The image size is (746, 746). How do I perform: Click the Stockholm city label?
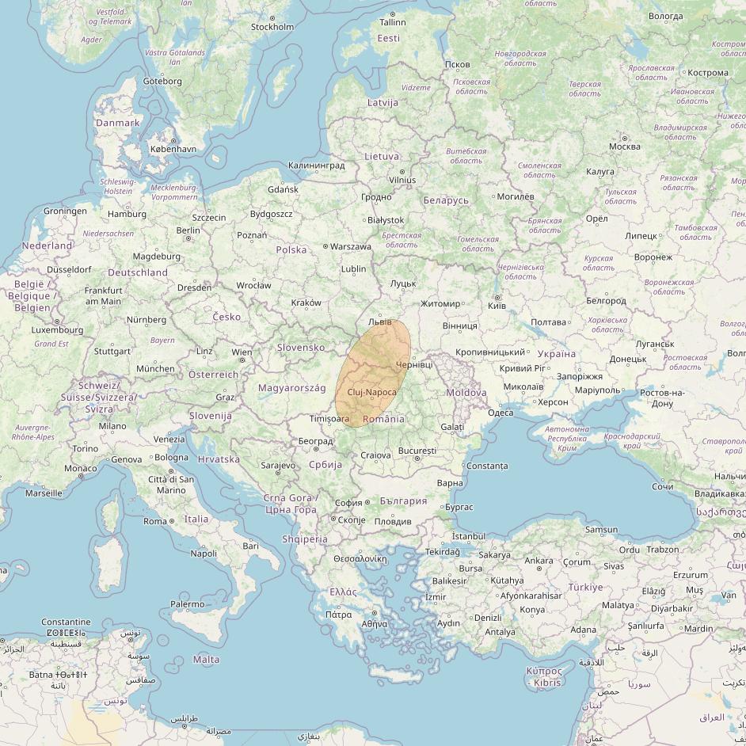click(x=272, y=27)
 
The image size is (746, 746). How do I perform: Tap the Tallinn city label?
click(x=392, y=22)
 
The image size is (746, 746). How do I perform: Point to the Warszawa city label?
click(x=350, y=246)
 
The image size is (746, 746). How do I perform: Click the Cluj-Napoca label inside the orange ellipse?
click(x=371, y=393)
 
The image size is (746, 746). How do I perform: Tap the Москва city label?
click(x=625, y=147)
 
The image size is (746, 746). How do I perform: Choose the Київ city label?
click(x=497, y=306)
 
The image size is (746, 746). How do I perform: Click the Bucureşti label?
click(x=417, y=451)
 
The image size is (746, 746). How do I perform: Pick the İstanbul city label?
click(x=467, y=536)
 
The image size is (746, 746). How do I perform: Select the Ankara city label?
click(x=539, y=561)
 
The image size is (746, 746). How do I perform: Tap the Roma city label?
click(x=154, y=521)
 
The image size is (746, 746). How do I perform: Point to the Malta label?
click(x=206, y=659)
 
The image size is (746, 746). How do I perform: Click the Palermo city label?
click(x=188, y=604)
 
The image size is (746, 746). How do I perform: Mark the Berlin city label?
click(x=188, y=230)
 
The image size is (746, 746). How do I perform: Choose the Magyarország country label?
click(x=291, y=388)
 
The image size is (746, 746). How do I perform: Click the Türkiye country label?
click(x=585, y=587)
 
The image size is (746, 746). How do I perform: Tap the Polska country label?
click(x=291, y=249)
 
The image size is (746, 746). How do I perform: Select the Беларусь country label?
click(x=446, y=200)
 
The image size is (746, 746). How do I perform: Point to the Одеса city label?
click(x=500, y=413)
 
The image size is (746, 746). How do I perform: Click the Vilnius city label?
click(x=402, y=180)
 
